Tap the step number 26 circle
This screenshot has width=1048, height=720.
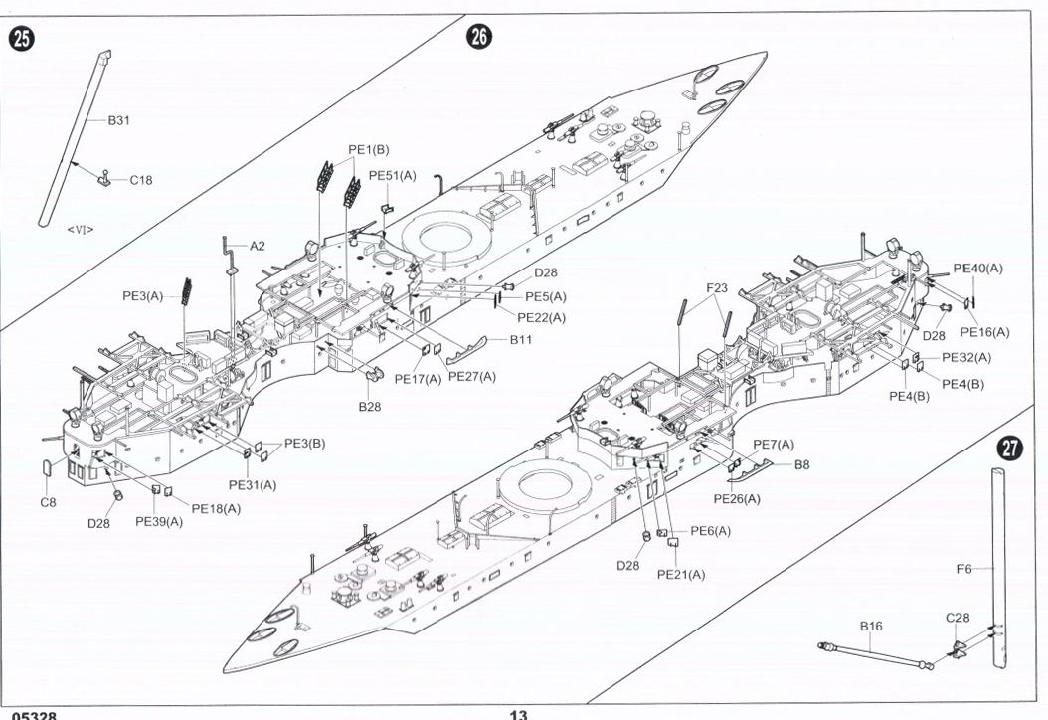point(478,37)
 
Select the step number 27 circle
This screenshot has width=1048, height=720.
point(1009,449)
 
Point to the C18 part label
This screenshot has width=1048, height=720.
point(141,180)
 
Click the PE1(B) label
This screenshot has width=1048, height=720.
point(368,149)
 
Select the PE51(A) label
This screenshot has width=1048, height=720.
point(392,176)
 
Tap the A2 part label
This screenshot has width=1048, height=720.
point(258,245)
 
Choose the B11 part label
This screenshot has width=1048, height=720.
point(522,340)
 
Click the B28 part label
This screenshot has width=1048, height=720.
point(370,406)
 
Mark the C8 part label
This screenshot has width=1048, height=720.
point(49,502)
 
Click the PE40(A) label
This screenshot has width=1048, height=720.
point(977,268)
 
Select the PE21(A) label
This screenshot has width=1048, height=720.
point(681,575)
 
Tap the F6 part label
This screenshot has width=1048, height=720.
point(963,569)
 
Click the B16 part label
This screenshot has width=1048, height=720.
point(871,627)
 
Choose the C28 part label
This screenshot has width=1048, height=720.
point(958,618)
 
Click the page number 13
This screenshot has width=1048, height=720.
point(518,714)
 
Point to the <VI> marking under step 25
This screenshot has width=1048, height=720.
point(81,229)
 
